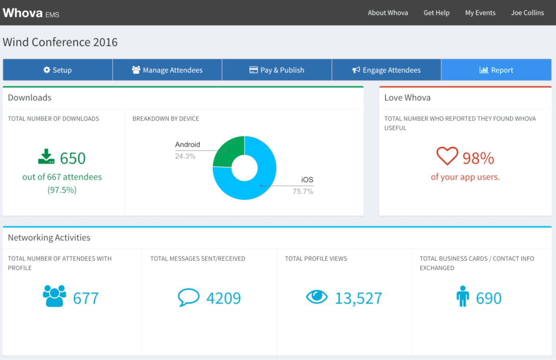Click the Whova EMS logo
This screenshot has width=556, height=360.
(31, 13)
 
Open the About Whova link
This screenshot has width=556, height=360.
(388, 13)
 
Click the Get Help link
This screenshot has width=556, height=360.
(436, 13)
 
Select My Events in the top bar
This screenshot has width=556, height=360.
(480, 13)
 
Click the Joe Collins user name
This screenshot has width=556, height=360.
(527, 13)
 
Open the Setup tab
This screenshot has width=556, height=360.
(58, 70)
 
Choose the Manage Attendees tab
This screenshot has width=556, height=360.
(167, 70)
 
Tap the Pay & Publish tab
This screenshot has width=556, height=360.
(277, 70)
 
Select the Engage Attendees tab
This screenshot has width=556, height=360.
(386, 70)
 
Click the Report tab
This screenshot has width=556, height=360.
(496, 70)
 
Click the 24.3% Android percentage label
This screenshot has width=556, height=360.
(185, 156)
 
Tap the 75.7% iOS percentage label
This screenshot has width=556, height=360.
(303, 192)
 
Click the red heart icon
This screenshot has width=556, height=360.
(447, 156)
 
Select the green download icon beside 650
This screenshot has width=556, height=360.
(46, 157)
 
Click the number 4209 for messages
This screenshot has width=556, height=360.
(223, 298)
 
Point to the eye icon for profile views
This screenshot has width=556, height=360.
(317, 296)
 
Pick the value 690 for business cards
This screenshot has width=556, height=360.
(488, 298)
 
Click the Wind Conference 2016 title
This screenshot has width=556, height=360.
(60, 42)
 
